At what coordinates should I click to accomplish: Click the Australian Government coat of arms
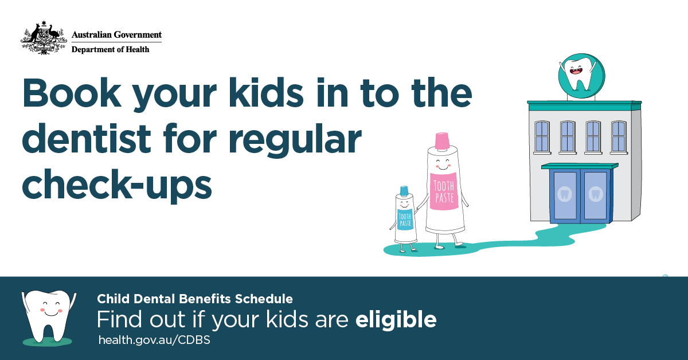tap(41, 38)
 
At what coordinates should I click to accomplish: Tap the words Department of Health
tap(110, 49)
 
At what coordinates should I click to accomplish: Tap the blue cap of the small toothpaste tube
tap(404, 190)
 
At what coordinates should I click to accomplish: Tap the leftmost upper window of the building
tap(542, 136)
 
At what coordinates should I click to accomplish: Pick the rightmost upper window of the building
tap(619, 136)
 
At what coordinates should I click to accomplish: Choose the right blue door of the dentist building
tap(595, 195)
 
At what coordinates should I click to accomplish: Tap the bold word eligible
tap(396, 320)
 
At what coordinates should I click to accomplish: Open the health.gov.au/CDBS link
tap(154, 340)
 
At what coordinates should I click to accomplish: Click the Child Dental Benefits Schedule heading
tap(195, 299)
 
